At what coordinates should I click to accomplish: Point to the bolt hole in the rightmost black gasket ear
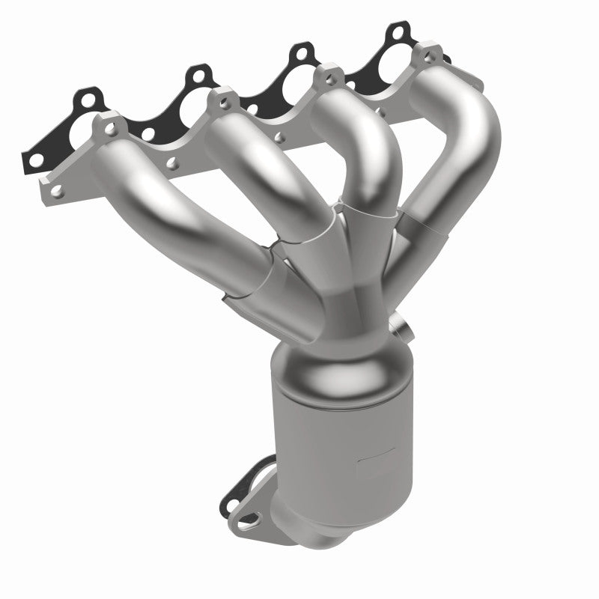coord(395,33)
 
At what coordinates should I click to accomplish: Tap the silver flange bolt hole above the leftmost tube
coord(112,129)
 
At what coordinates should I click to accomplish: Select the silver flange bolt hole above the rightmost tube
coord(427,57)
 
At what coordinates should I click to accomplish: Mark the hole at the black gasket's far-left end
coord(34,160)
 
